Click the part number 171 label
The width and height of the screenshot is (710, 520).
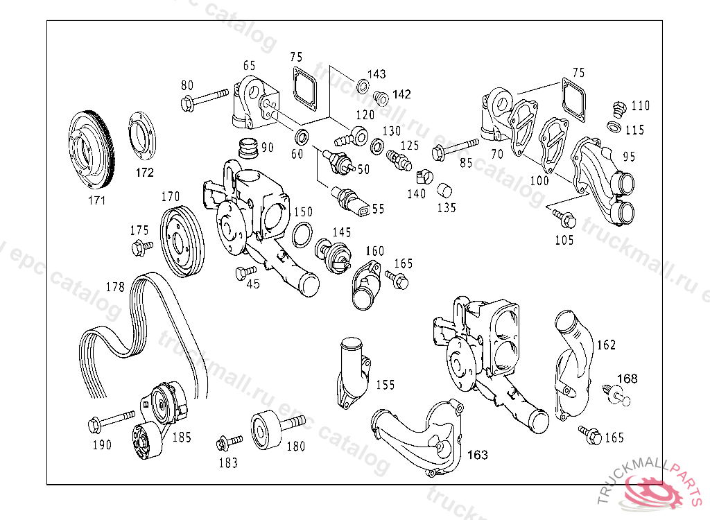coord(96,200)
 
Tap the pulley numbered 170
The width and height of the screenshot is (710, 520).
coord(182,241)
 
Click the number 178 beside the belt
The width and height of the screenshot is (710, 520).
coord(115,287)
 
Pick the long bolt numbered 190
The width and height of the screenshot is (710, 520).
coord(111,421)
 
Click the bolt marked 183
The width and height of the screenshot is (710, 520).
coord(229,442)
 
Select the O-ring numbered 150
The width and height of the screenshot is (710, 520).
coord(302,234)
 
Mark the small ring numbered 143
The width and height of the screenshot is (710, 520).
coord(363,85)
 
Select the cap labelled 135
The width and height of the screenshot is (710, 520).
coord(444,190)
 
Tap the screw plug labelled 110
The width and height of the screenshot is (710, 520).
coord(618,109)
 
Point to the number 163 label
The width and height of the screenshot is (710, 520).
coord(477,454)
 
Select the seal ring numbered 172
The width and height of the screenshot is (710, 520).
coord(142,135)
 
